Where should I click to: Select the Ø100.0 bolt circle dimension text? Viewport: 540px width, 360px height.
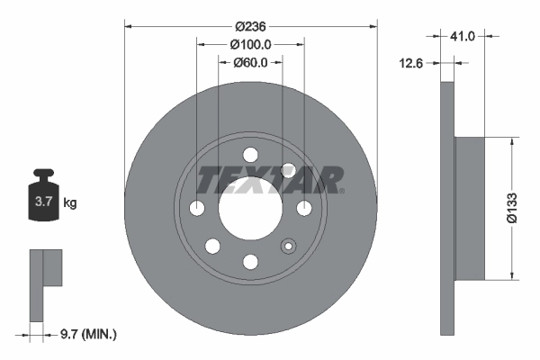pos(250,44)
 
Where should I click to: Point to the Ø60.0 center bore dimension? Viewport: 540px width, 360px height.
pos(250,63)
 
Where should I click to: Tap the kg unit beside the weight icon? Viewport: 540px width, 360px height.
pos(69,203)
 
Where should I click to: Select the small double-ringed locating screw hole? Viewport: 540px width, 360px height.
pos(289,246)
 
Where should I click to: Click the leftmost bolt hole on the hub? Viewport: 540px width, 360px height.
pos(197,209)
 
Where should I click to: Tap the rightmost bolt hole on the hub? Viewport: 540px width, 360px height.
pos(304,209)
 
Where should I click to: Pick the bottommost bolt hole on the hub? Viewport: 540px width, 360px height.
pos(250,262)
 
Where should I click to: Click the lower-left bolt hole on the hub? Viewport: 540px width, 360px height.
pos(212,247)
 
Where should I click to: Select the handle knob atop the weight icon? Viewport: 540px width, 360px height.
pos(41,173)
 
